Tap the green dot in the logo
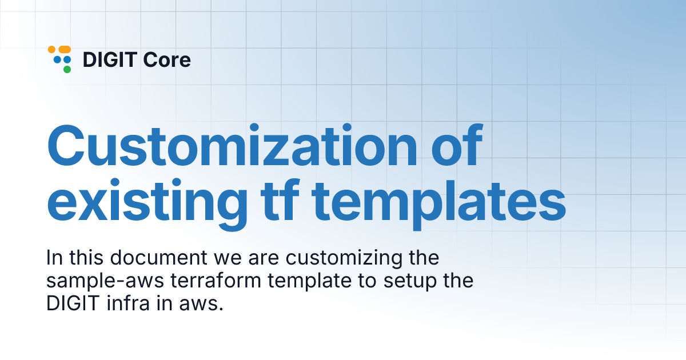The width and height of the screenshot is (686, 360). coord(67,70)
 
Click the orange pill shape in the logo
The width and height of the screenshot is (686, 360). coord(65,50)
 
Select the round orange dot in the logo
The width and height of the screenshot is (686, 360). coord(51,50)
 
